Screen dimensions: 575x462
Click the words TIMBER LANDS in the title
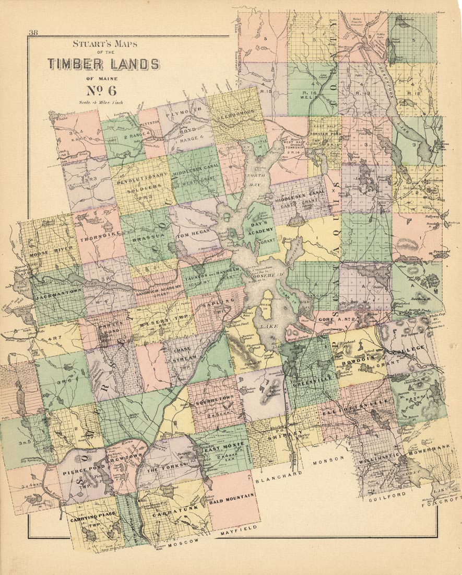coord(104,64)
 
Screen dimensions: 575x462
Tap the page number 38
coord(33,33)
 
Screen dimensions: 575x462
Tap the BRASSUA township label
coord(144,237)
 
